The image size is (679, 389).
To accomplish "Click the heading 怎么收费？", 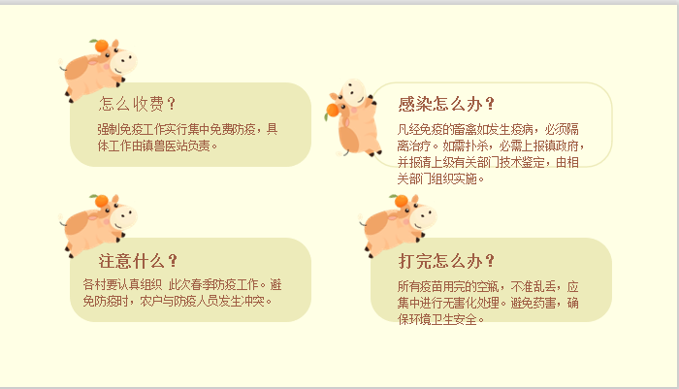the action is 137,104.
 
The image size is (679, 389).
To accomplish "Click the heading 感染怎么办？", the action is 446,104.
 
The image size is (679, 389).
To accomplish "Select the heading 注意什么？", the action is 138,261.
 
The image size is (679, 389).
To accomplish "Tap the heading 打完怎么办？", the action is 446,261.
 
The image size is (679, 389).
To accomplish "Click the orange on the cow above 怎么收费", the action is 101,45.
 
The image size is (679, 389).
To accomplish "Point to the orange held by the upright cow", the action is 332,110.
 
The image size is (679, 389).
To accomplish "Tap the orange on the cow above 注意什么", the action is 101,201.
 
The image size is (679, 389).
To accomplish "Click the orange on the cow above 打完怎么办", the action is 401,201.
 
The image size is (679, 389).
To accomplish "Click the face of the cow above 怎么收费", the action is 123,61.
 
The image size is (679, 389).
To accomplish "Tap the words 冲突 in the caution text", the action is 253,301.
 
